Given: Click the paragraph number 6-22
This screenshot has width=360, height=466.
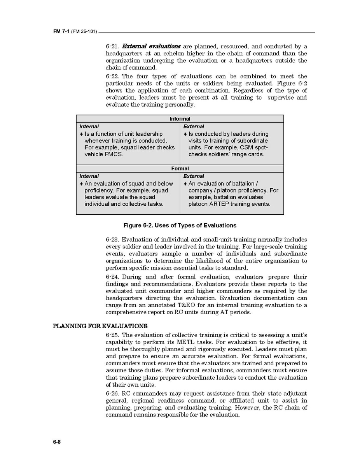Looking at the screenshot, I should click(112, 77).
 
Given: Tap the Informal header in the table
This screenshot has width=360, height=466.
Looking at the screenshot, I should click(180, 119).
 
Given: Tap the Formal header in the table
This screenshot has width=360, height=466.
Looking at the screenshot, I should click(180, 168).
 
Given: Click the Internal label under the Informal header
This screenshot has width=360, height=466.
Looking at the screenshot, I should click(89, 126).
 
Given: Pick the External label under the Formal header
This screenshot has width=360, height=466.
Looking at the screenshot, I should click(194, 176).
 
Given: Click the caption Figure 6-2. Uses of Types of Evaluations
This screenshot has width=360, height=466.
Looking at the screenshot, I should click(180, 226).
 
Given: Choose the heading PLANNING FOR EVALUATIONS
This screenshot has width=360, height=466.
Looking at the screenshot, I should click(100, 326).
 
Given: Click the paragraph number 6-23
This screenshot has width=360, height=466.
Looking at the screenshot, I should click(112, 240).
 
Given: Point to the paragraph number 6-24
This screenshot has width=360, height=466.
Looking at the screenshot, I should click(112, 277).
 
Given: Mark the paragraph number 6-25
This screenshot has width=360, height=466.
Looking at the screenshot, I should click(112, 335).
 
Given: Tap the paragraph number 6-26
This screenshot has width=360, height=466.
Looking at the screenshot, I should click(112, 394).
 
